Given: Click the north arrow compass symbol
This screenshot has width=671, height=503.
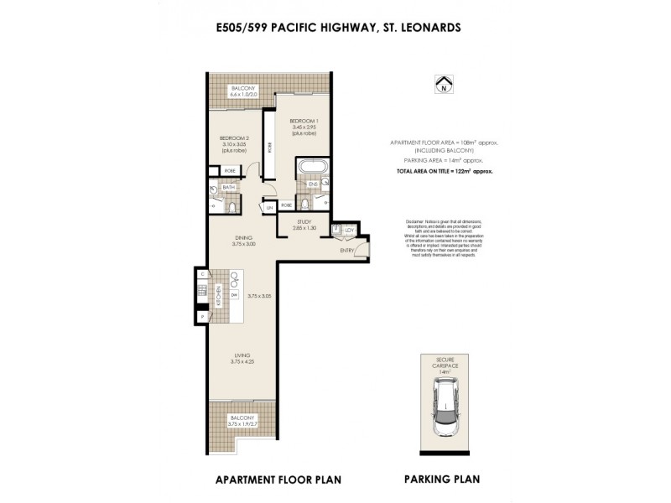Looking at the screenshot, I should pyautogui.click(x=442, y=85).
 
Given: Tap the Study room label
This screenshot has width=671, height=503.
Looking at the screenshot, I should pyautogui.click(x=304, y=224).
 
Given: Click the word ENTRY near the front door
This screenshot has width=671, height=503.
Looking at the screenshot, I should pyautogui.click(x=347, y=250).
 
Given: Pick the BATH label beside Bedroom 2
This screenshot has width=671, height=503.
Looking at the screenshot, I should pyautogui.click(x=227, y=189).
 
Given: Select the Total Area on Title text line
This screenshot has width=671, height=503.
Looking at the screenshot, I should pyautogui.click(x=445, y=170).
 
